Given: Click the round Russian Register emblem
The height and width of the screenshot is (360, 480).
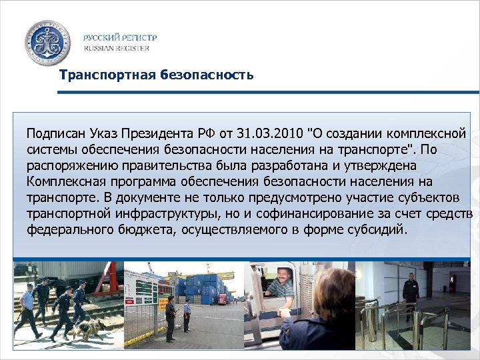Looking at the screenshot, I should (x=46, y=42).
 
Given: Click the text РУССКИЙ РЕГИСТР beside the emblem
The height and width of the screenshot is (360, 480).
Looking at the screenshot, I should (x=121, y=37).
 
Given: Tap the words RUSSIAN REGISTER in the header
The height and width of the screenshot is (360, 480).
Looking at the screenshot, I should (x=117, y=48).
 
